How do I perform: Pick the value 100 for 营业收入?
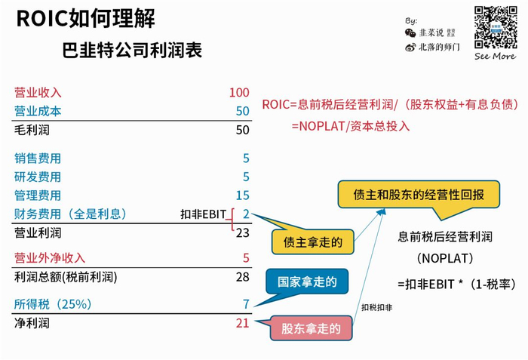pyautogui.click(x=238, y=93)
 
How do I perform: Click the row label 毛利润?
pyautogui.click(x=31, y=130)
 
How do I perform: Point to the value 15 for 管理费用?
pyautogui.click(x=241, y=195)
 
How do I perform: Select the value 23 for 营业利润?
pyautogui.click(x=241, y=232)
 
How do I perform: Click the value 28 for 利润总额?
pyautogui.click(x=241, y=277)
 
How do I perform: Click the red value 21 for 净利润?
pyautogui.click(x=241, y=323)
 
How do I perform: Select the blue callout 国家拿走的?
pyautogui.click(x=307, y=282)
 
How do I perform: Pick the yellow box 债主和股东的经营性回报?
pyautogui.click(x=418, y=194)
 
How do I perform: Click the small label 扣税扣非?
pyautogui.click(x=376, y=308)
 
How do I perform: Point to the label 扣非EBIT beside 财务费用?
pyautogui.click(x=203, y=215)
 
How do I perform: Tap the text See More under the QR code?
pyautogui.click(x=495, y=56)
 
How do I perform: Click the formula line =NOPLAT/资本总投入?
pyautogui.click(x=351, y=126)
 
